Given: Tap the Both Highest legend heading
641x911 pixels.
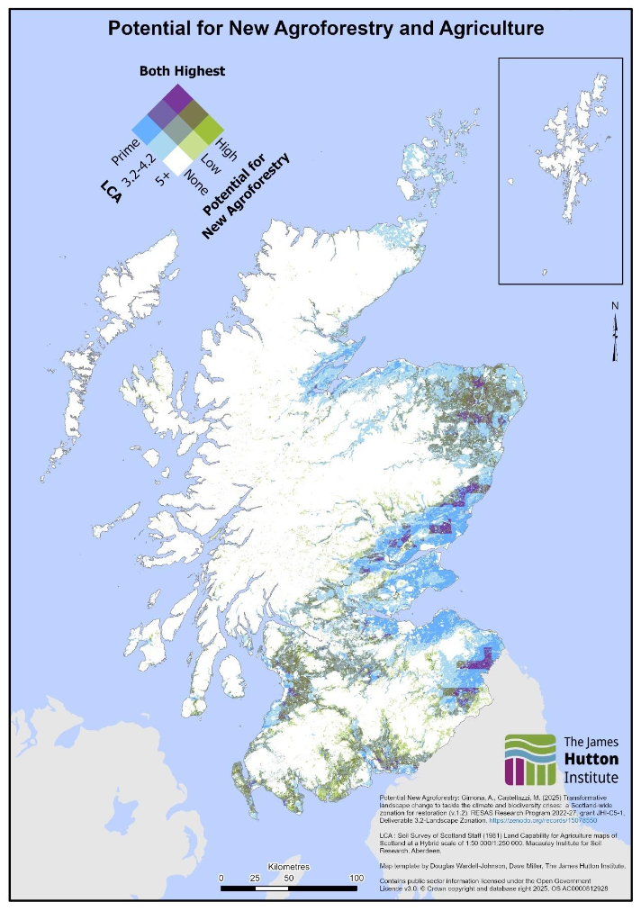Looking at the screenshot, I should (182, 70).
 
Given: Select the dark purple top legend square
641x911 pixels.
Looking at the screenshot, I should (178, 95).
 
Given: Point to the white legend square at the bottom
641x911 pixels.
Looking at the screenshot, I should (178, 159).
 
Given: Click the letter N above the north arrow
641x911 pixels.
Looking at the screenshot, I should (615, 306).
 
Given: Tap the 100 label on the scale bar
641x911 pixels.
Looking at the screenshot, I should (356, 878).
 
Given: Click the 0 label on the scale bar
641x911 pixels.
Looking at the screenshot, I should (221, 878).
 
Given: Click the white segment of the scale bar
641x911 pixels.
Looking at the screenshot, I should (255, 888).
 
